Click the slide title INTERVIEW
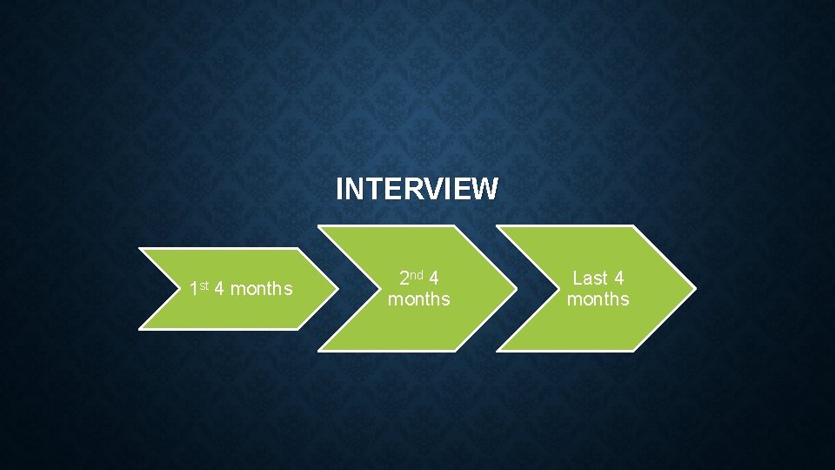(417, 189)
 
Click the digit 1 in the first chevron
(193, 289)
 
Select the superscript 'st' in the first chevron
(204, 285)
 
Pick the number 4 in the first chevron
(219, 289)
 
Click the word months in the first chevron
(263, 289)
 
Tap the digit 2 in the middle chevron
(404, 279)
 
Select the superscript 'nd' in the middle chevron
(417, 275)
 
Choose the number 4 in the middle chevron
(433, 279)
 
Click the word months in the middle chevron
(418, 299)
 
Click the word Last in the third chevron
(590, 279)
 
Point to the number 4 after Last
(618, 279)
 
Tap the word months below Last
(598, 299)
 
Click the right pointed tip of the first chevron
(337, 289)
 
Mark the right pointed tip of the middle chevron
(516, 289)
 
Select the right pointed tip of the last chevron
(694, 289)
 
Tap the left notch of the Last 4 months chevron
(537, 289)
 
